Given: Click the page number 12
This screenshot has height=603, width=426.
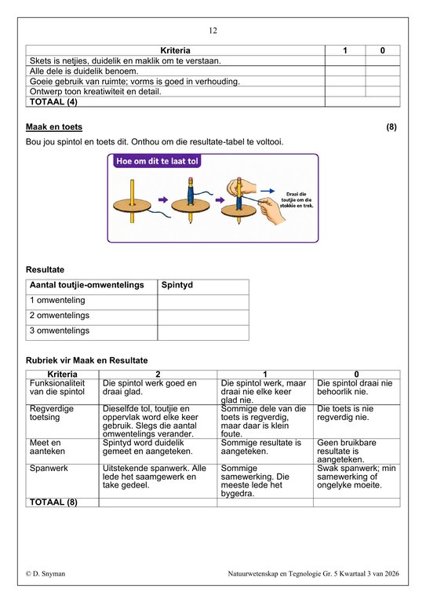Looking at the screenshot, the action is [x=213, y=31].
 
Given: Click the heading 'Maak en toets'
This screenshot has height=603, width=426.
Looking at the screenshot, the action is [x=54, y=127].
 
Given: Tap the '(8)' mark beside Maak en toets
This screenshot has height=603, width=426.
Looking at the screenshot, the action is [x=391, y=127].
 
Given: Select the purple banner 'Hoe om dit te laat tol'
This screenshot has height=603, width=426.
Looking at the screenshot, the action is [x=157, y=161].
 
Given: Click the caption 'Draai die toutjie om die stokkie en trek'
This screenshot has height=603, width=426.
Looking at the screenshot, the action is [x=297, y=200].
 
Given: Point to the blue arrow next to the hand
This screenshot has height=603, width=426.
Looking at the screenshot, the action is [x=268, y=191].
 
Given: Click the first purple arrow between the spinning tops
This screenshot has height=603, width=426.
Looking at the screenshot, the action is [x=163, y=199].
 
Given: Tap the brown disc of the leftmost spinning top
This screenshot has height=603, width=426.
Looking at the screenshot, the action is [x=132, y=206].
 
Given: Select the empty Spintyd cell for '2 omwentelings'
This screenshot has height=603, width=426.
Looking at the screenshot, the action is [x=203, y=317].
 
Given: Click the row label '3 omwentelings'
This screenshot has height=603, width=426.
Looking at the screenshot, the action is [x=60, y=331].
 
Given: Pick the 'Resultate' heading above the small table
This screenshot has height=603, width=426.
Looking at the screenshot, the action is [x=45, y=269].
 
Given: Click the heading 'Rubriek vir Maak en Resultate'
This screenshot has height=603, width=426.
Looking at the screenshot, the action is [x=87, y=360].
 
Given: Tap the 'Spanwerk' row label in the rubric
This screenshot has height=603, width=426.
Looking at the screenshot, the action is [x=49, y=468].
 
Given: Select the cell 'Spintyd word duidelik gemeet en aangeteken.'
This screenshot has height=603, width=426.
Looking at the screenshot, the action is [x=147, y=447].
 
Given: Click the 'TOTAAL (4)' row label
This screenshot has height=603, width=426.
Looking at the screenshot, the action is [x=53, y=102].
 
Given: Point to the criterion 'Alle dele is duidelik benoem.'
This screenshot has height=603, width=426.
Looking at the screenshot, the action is [x=84, y=71].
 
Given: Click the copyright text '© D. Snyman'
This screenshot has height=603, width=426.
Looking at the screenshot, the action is [x=46, y=573].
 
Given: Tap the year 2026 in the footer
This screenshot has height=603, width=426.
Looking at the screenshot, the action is [x=391, y=573].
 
